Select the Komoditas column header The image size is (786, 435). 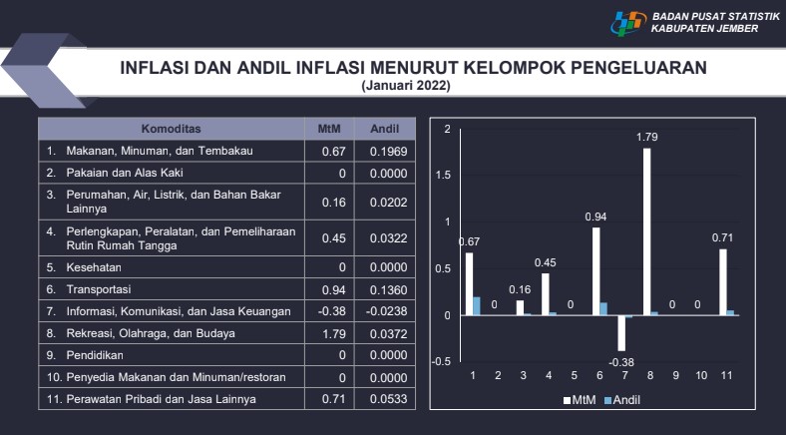pyautogui.click(x=172, y=129)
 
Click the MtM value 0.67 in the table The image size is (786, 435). pyautogui.click(x=332, y=151)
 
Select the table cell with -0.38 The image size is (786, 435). pyautogui.click(x=332, y=310)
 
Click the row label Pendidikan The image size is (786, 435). pyautogui.click(x=96, y=354)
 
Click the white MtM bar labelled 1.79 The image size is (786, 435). pyautogui.click(x=647, y=231)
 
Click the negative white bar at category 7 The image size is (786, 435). pyautogui.click(x=621, y=332)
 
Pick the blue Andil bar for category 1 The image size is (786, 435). pyautogui.click(x=476, y=306)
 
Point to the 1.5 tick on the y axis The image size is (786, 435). pyautogui.click(x=448, y=176)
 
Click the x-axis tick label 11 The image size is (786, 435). pyautogui.click(x=725, y=377)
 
